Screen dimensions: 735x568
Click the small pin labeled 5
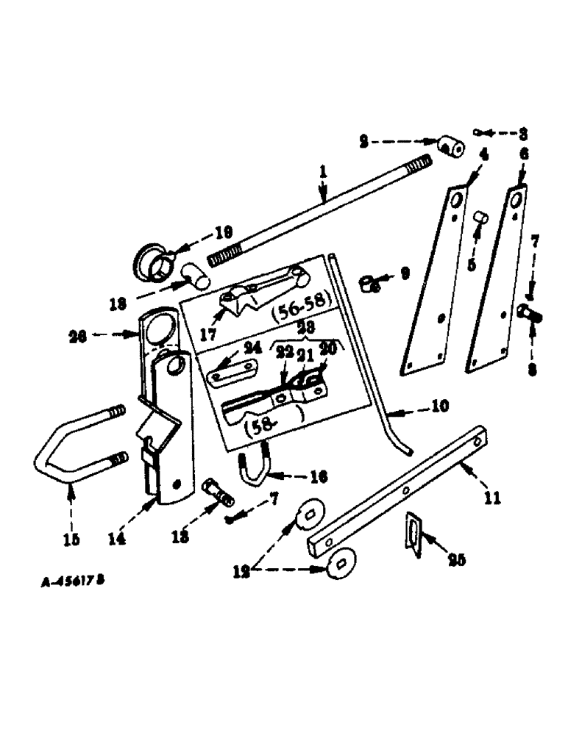[479, 217]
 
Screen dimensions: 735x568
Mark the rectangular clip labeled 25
[414, 530]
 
